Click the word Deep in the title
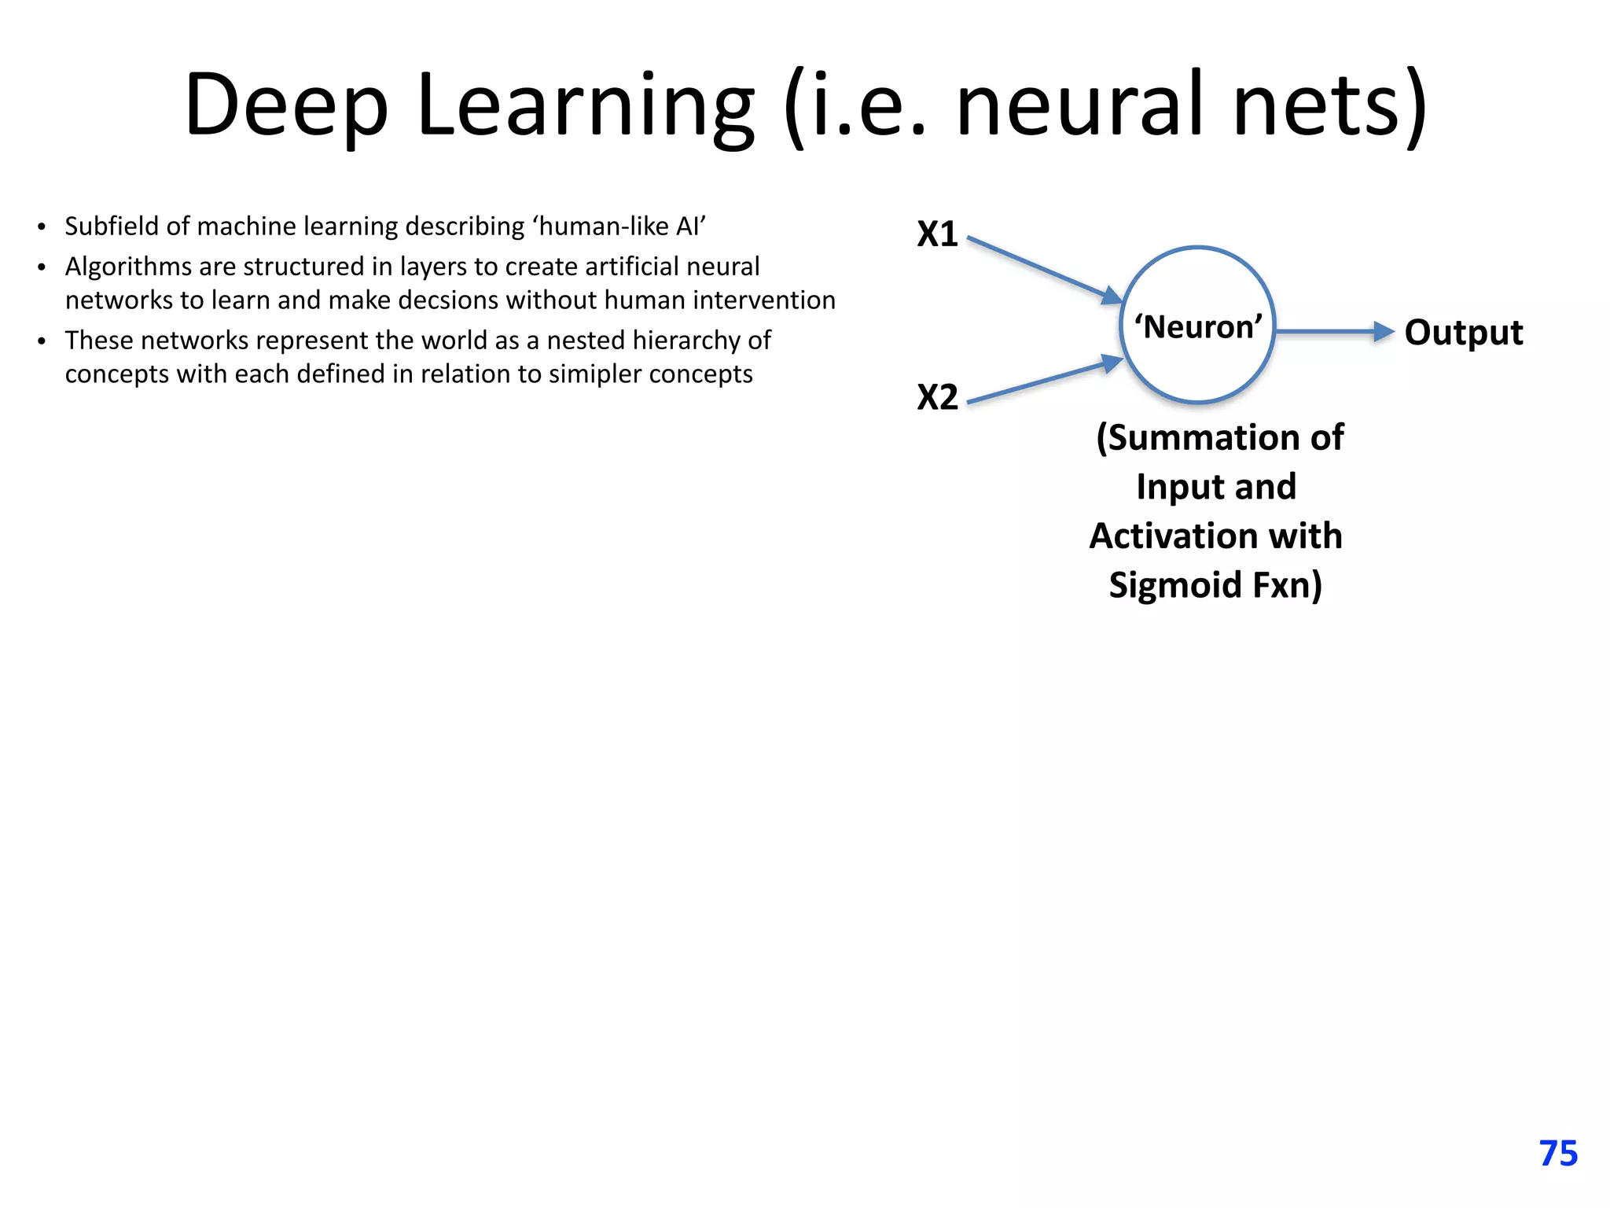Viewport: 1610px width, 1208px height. click(x=286, y=106)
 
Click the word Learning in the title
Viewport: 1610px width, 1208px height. click(x=586, y=106)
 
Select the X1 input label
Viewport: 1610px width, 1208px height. click(x=937, y=234)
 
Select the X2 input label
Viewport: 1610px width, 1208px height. click(x=937, y=397)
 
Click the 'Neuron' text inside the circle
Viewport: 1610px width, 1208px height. click(x=1198, y=327)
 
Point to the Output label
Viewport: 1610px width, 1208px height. click(x=1463, y=333)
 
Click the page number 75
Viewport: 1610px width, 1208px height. click(x=1558, y=1154)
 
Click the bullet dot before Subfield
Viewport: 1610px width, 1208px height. click(x=42, y=228)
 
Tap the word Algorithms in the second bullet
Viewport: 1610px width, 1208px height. click(x=128, y=267)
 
